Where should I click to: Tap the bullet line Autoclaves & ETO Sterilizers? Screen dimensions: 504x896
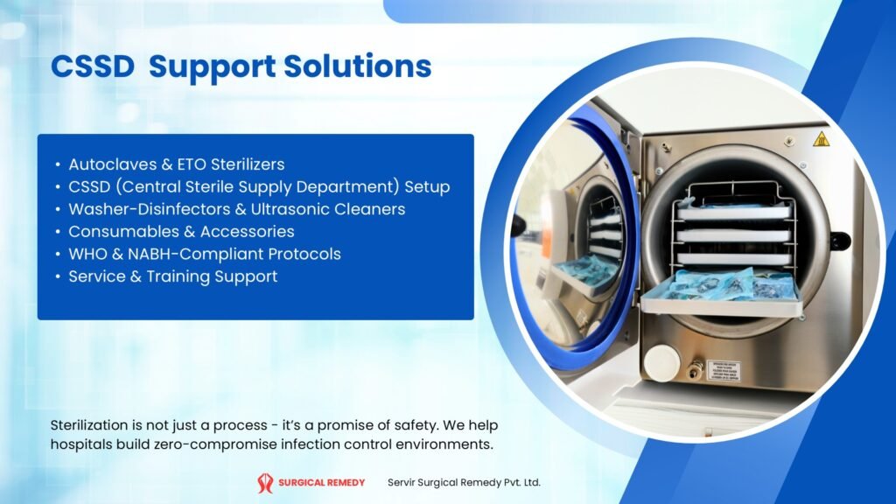(177, 164)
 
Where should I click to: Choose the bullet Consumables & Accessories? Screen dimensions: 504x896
(181, 232)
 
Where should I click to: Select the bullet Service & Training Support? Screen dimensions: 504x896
(173, 276)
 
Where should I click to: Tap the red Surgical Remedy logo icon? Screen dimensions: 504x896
(265, 483)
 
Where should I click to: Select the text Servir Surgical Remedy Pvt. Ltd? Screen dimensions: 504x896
(464, 483)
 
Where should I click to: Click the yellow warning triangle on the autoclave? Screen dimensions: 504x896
(821, 139)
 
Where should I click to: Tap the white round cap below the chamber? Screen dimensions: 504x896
(662, 362)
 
